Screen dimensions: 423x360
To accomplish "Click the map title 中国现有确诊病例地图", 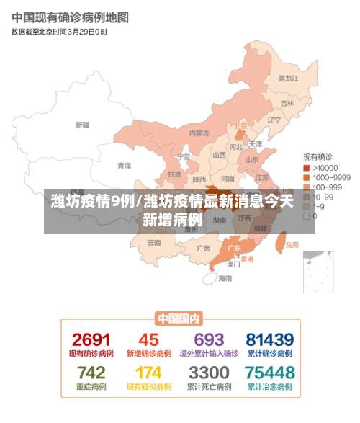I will click(x=70, y=17).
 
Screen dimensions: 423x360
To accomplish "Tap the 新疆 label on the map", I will click(x=82, y=125).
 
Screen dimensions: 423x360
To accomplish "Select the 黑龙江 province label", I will click(x=288, y=79).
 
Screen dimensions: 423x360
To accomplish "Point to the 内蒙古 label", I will click(x=199, y=133).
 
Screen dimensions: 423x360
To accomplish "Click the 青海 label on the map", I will click(x=125, y=166).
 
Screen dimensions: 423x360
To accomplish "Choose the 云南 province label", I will click(x=154, y=243).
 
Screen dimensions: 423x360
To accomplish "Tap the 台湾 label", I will click(x=291, y=245).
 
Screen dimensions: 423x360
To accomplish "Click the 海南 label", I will click(x=225, y=278).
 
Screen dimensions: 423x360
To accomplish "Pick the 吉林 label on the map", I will click(x=287, y=104).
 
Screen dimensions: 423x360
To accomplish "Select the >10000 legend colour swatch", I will click(x=305, y=167).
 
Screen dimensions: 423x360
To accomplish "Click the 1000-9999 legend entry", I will click(x=331, y=177).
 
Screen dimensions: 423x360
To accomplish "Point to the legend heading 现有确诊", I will click(x=316, y=156).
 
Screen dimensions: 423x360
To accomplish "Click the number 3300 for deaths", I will click(x=209, y=373).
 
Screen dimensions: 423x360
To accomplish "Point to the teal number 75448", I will click(x=269, y=373).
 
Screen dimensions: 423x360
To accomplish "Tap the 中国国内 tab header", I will click(x=179, y=319).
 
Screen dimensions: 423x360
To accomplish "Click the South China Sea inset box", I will click(x=318, y=272).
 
